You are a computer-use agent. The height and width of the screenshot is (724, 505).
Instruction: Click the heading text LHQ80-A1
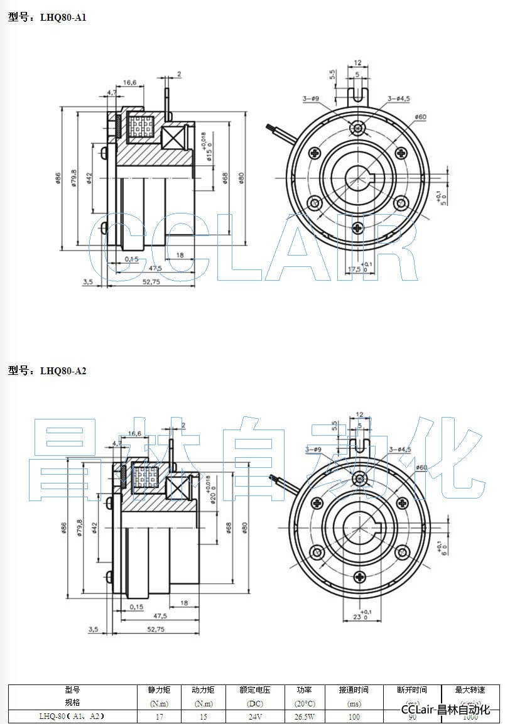(x=63, y=18)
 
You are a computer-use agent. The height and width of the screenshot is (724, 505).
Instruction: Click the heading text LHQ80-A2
(x=63, y=370)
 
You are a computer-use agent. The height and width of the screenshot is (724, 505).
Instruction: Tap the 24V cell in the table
(x=254, y=716)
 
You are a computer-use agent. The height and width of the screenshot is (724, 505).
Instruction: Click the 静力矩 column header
(x=159, y=690)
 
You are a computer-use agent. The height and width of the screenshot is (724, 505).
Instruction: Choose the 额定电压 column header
(x=254, y=690)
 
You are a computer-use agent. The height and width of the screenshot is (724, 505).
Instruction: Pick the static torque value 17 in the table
(x=159, y=716)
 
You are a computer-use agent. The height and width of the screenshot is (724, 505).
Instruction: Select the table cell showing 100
(x=354, y=716)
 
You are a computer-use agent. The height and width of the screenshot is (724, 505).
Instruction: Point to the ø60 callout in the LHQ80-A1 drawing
(x=420, y=117)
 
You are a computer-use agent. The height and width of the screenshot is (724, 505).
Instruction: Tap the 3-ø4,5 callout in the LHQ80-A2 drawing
(x=399, y=449)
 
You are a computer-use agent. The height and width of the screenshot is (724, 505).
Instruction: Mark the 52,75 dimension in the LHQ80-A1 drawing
(x=151, y=282)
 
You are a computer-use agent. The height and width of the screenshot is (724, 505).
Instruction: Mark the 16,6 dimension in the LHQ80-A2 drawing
(x=134, y=433)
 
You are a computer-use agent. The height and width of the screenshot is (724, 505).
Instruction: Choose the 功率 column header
(x=305, y=690)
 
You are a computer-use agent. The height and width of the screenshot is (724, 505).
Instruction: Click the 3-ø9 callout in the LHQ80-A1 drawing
(x=311, y=99)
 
